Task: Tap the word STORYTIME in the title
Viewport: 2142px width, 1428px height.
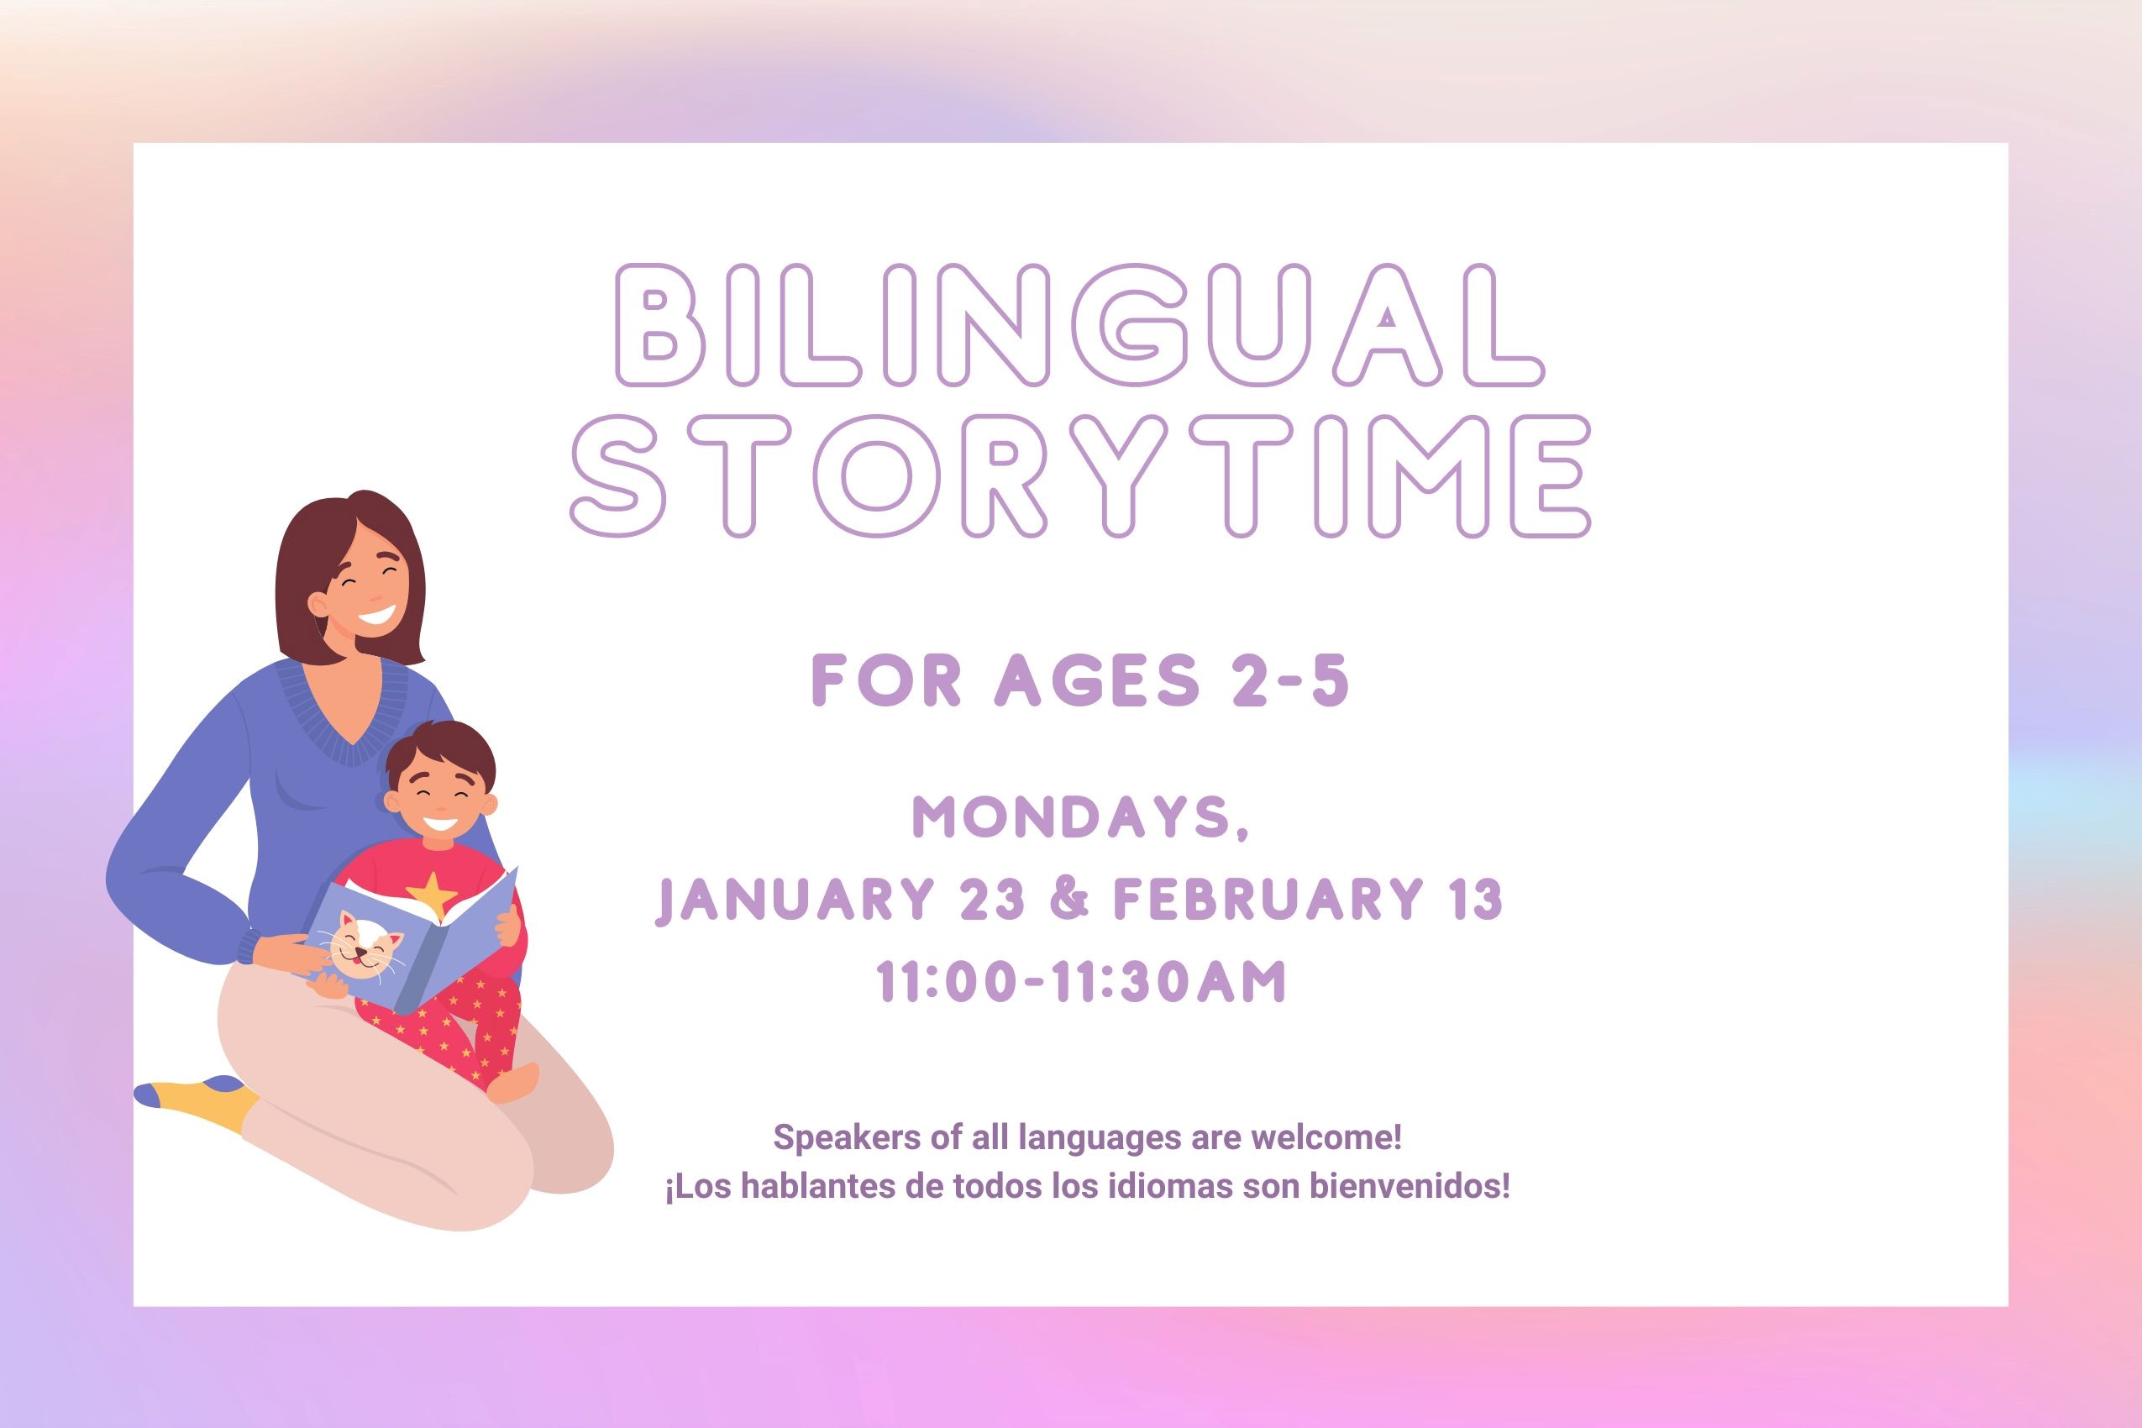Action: click(1080, 476)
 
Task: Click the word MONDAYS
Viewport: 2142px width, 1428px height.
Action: click(1080, 817)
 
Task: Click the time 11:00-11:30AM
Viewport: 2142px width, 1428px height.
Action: click(1080, 982)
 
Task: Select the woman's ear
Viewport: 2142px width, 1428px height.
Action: click(318, 605)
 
